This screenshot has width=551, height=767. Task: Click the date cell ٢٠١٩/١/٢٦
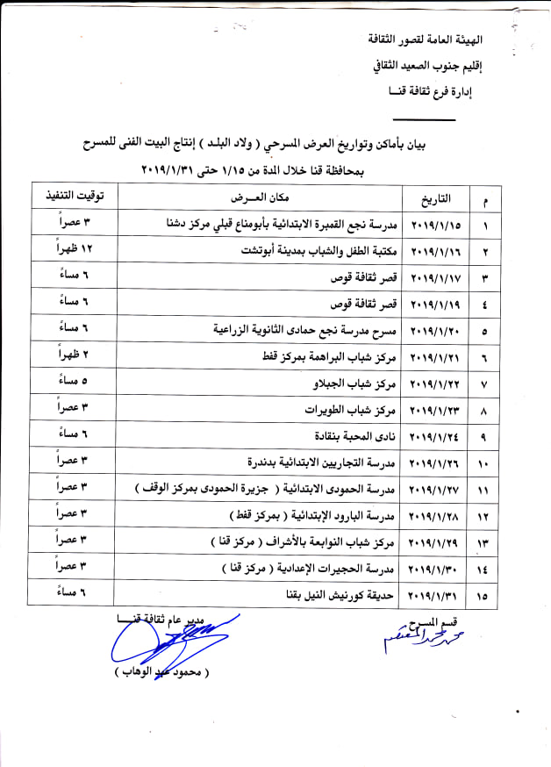[x=435, y=462]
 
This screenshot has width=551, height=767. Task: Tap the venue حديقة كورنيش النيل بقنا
[x=338, y=596]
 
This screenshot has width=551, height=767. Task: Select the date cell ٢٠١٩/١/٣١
[x=435, y=596]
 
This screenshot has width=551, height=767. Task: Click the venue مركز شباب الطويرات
[x=352, y=410]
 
